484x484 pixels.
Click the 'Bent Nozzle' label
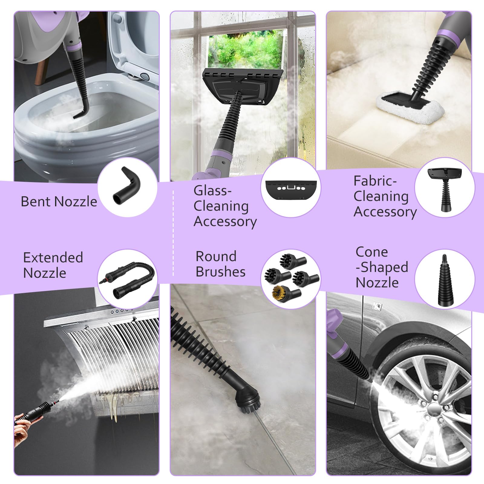pyautogui.click(x=59, y=201)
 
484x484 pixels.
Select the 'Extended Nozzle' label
pyautogui.click(x=53, y=265)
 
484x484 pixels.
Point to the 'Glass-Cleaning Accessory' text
pyautogui.click(x=225, y=206)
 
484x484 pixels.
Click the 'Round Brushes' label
pyautogui.click(x=220, y=264)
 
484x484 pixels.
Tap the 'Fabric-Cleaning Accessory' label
pyautogui.click(x=385, y=196)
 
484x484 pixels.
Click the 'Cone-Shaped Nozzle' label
pyautogui.click(x=382, y=267)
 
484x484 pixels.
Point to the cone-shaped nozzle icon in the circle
pyautogui.click(x=444, y=280)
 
